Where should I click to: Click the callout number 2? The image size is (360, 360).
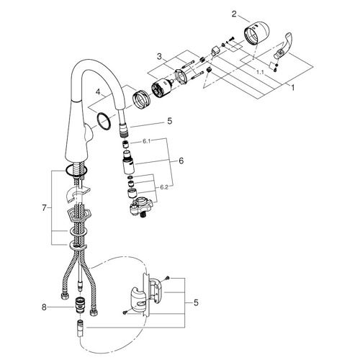[234, 14]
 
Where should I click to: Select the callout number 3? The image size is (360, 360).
[159, 57]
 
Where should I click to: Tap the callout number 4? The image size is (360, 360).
[97, 91]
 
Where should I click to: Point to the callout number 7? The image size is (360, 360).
[44, 208]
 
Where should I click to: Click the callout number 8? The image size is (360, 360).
[44, 307]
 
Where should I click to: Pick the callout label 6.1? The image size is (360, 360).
[146, 141]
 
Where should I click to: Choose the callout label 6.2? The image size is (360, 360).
[164, 187]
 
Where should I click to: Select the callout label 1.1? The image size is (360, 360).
[260, 72]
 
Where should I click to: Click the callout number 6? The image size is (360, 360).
[181, 161]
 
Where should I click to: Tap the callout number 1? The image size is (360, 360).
[292, 88]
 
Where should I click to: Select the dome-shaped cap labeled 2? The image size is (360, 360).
[257, 33]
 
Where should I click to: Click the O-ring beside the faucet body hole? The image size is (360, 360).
[104, 121]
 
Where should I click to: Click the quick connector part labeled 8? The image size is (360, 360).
[78, 305]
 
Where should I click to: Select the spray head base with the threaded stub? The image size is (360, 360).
[141, 207]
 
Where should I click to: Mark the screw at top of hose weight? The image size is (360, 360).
[168, 278]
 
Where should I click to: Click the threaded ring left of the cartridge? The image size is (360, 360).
[141, 99]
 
